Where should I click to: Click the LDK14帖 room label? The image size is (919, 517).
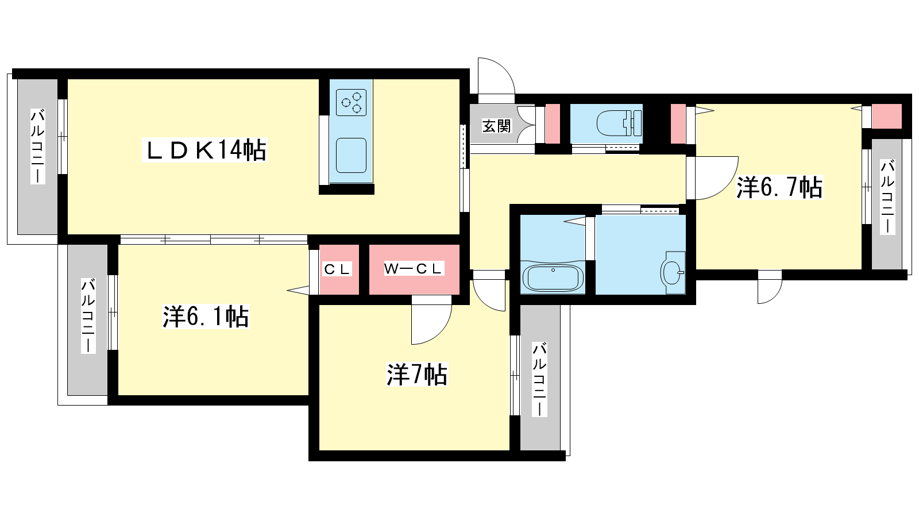point(204,150)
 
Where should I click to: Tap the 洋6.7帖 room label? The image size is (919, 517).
point(779,187)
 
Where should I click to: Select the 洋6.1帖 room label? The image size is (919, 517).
point(206,317)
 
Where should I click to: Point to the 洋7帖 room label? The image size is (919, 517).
point(417,374)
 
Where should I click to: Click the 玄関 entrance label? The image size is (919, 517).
point(496,126)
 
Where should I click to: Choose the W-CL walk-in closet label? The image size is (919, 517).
point(414,269)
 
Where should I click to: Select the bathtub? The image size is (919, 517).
point(553,278)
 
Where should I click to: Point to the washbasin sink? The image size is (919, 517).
point(673,272)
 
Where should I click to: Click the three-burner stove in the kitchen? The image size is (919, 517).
point(351,103)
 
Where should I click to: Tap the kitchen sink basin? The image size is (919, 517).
point(351,155)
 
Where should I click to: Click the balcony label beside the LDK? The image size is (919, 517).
point(38,146)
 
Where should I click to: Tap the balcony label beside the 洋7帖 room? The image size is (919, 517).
point(539,379)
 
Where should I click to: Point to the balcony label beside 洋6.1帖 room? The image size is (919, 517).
point(88,315)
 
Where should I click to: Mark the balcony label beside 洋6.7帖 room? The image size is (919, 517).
point(887,197)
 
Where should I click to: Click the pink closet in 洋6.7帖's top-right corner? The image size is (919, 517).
point(887,117)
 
